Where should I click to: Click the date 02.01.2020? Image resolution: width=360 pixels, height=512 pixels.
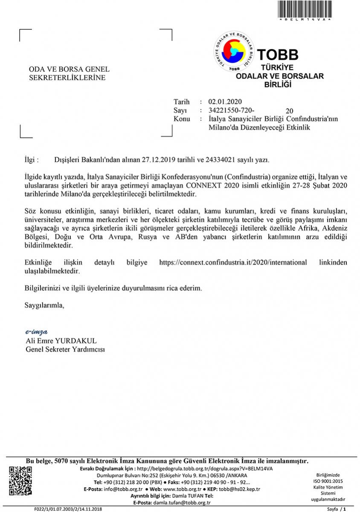tap(225, 102)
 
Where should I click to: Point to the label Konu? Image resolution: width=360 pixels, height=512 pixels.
tap(182, 119)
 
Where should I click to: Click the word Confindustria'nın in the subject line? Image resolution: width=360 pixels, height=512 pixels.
tap(312, 119)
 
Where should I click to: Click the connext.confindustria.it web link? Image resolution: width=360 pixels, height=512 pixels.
tap(232, 263)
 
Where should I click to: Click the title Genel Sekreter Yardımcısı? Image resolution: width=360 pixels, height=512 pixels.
tap(65, 349)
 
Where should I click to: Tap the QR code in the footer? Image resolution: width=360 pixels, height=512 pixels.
tap(20, 481)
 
